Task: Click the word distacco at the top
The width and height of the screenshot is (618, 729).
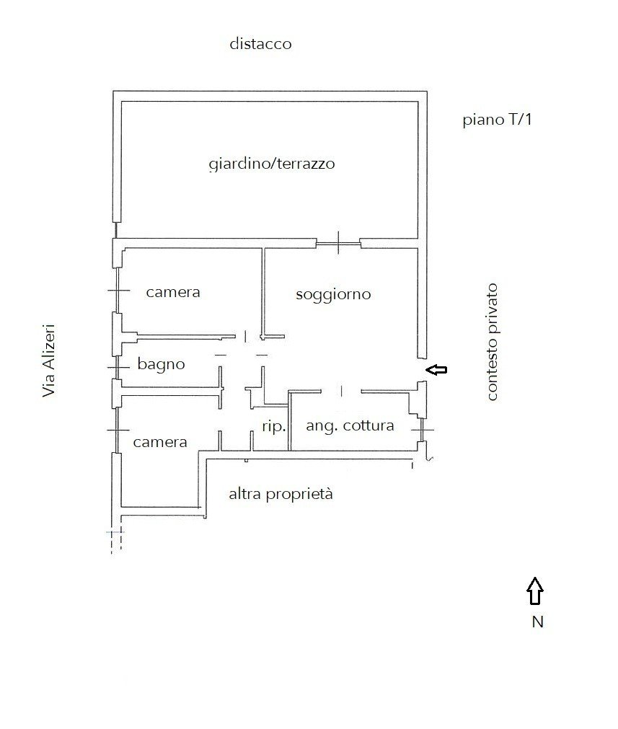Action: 260,44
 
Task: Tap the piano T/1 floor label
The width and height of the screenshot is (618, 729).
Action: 497,120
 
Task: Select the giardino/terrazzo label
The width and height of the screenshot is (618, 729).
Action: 272,164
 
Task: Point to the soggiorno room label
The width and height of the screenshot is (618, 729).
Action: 333,294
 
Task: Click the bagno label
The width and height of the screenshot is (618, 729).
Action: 161,364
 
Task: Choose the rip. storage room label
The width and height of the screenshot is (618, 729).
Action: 274,426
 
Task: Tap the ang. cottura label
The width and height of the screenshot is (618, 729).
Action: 350,425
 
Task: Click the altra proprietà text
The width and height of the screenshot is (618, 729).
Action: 281,494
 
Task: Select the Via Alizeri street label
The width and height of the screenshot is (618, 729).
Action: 49,361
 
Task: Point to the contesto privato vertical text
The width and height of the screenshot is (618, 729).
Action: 492,342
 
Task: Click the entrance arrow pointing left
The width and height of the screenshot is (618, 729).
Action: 436,370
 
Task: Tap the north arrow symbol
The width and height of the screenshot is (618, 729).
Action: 535,591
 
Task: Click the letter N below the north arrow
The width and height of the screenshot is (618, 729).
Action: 537,622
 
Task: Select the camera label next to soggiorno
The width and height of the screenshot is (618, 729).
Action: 173,293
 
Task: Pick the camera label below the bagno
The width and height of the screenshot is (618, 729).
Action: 160,442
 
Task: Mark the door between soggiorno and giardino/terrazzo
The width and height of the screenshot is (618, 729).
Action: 338,243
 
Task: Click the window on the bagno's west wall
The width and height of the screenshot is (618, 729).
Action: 118,367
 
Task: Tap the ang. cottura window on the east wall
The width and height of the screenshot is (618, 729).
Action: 422,430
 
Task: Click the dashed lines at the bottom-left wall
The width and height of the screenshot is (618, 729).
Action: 116,540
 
